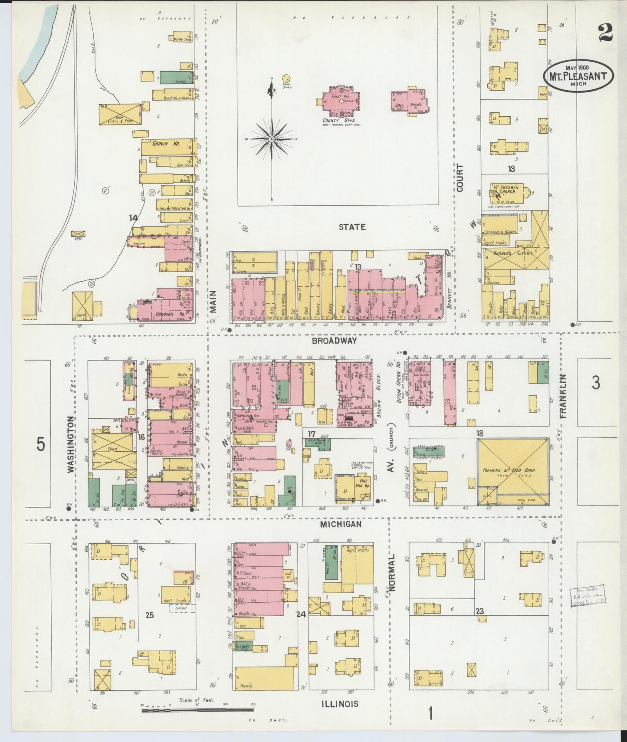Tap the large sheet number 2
click(605, 33)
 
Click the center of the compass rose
click(272, 139)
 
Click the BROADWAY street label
click(334, 341)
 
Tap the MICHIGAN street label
click(341, 524)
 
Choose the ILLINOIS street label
click(340, 703)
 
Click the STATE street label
click(352, 227)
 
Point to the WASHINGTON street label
click(71, 443)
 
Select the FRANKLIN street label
click(563, 396)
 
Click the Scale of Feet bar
click(197, 709)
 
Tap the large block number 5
click(40, 444)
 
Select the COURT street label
click(460, 178)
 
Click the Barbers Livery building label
click(512, 253)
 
